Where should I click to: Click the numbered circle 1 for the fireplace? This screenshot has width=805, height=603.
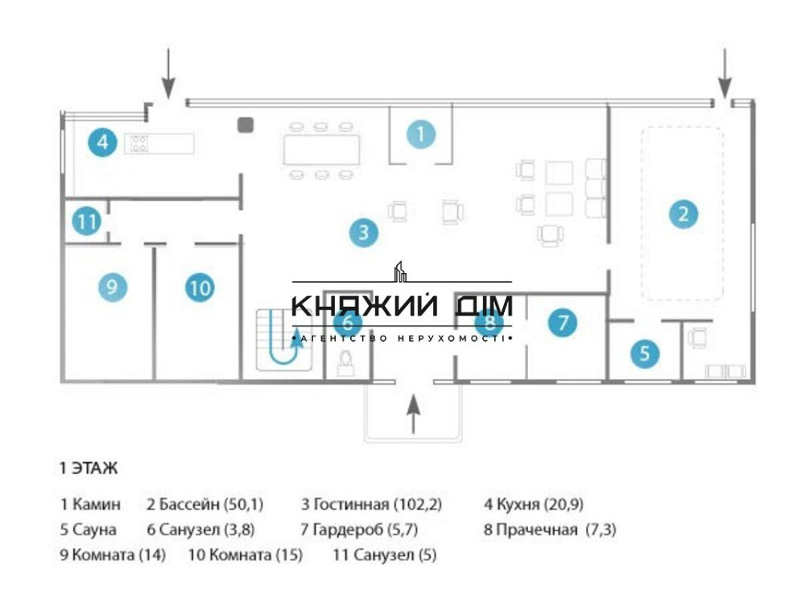(x=420, y=134)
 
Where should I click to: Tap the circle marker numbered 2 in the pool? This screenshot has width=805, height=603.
(x=683, y=214)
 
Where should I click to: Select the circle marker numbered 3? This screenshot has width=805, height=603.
(x=364, y=233)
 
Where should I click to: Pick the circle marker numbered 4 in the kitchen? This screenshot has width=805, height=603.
(x=102, y=142)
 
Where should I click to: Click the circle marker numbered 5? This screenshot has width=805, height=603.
(x=645, y=353)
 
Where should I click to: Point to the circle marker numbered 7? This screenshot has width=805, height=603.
(x=563, y=323)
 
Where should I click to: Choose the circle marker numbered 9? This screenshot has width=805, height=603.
(x=113, y=286)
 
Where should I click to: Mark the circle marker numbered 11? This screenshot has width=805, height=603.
(x=85, y=221)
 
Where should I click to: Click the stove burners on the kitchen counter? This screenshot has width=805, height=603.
(x=138, y=143)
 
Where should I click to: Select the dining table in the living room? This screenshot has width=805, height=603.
(x=321, y=151)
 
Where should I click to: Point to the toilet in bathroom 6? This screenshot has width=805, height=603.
(x=347, y=364)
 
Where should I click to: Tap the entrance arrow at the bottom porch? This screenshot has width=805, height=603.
(x=413, y=414)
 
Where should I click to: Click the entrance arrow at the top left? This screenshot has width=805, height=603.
(x=167, y=72)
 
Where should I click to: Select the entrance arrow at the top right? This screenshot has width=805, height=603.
(x=724, y=72)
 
